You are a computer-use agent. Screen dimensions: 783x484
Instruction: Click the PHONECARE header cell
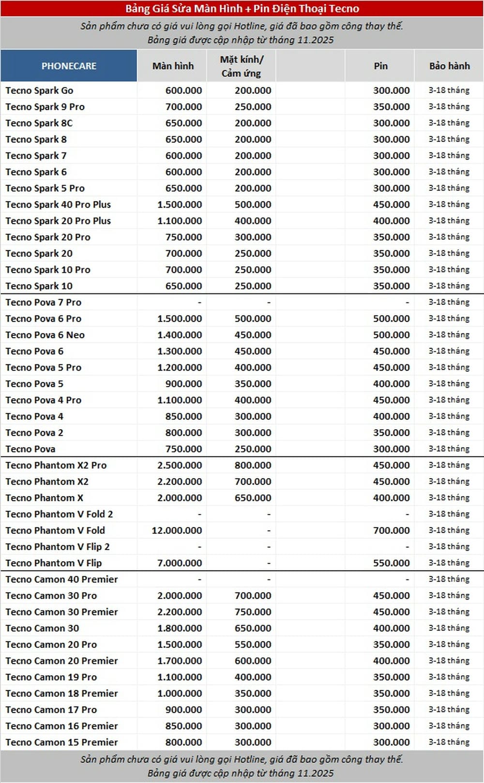69,66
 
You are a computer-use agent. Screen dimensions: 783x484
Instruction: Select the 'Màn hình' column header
173,66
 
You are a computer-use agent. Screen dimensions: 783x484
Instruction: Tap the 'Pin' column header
380,66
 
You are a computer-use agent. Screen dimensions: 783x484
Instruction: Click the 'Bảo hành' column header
449,66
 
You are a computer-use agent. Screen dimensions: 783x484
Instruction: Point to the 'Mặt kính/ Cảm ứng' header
242,66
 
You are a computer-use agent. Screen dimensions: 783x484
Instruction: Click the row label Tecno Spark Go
39,90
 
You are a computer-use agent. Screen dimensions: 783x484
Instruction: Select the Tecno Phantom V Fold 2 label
59,514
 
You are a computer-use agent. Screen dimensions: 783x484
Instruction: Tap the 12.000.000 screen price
177,530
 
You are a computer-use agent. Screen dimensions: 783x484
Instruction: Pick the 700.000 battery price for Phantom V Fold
391,530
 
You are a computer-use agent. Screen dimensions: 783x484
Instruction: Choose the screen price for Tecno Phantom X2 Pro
180,465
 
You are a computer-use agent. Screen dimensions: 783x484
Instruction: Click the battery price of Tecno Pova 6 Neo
391,335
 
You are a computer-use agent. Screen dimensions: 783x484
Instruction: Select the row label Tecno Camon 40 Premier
61,579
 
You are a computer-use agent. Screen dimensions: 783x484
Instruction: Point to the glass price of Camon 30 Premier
253,612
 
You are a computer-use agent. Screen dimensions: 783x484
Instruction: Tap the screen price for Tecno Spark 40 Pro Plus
180,204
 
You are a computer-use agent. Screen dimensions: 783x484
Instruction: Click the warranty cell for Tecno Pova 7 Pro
449,302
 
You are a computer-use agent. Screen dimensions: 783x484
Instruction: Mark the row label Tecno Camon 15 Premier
61,742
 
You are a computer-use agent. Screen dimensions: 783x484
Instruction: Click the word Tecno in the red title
344,8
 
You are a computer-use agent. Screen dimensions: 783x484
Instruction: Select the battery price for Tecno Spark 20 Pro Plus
391,221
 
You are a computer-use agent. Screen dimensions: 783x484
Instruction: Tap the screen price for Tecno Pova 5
183,384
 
